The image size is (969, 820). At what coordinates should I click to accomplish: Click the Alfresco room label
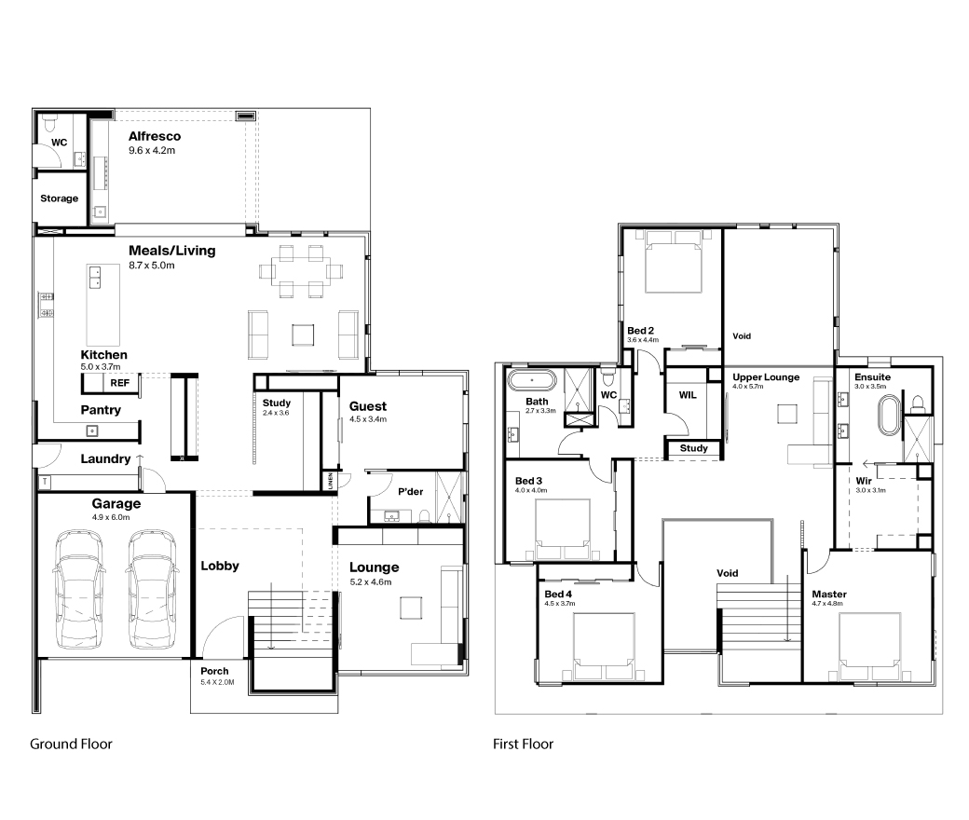tap(155, 137)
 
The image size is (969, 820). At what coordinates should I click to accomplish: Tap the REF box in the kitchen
tap(119, 383)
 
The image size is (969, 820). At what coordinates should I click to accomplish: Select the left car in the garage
tap(78, 589)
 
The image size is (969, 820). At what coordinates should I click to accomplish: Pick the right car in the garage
tap(151, 589)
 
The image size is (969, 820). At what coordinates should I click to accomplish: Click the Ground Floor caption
tap(71, 744)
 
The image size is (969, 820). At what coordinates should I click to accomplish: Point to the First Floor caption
tap(523, 744)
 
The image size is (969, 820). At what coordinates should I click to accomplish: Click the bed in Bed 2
tap(674, 262)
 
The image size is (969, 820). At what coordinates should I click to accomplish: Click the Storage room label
tap(60, 198)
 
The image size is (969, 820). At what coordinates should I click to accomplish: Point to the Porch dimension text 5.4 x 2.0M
tap(217, 682)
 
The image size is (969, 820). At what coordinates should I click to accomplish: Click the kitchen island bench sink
tap(94, 278)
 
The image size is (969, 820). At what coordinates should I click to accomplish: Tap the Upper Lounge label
tap(766, 377)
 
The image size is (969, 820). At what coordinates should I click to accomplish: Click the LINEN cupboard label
tap(331, 481)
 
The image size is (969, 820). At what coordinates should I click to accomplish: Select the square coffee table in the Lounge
tap(411, 608)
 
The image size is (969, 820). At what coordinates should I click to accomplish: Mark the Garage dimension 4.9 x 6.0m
tap(111, 517)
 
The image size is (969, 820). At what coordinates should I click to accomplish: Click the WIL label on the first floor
tap(688, 395)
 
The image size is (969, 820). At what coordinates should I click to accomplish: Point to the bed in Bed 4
tap(605, 648)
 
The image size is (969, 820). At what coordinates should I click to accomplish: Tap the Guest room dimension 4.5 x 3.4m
tap(368, 419)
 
